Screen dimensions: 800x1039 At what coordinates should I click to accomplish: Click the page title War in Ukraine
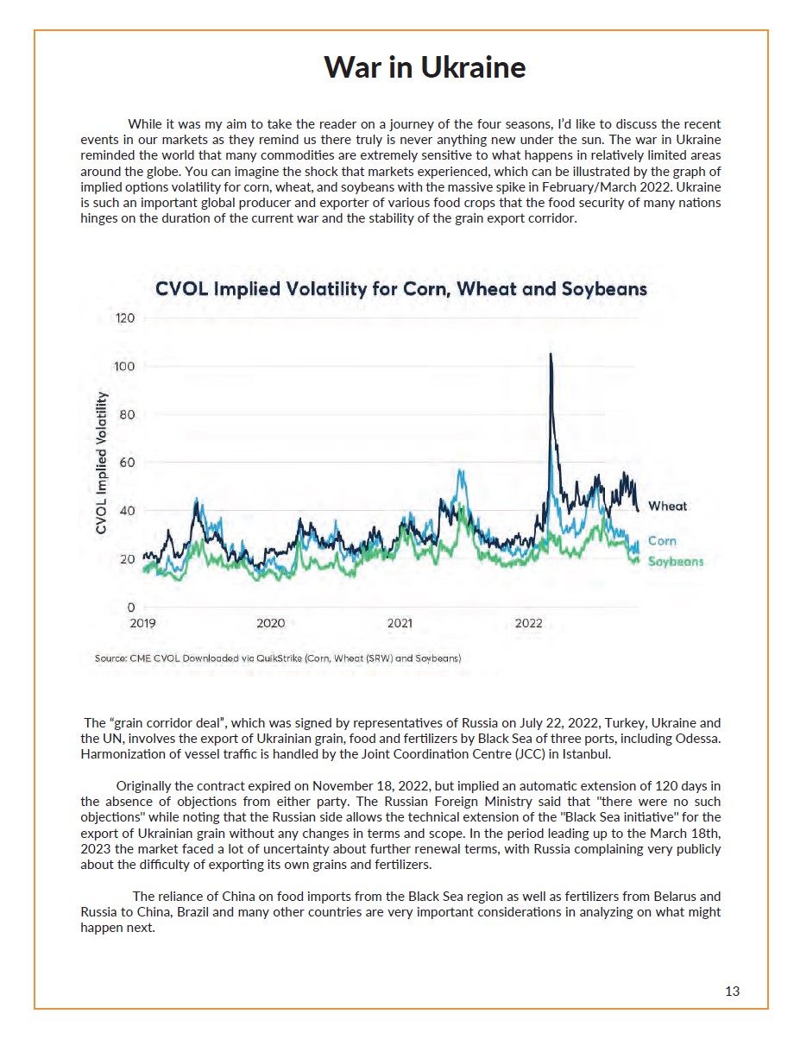424,67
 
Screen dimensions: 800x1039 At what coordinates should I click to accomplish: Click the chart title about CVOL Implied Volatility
400,289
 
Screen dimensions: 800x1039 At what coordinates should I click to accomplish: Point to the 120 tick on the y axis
125,318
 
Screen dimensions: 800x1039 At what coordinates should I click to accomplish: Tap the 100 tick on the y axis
124,367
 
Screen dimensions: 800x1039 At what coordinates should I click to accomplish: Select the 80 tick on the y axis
127,414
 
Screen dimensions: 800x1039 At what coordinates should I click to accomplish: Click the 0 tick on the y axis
131,608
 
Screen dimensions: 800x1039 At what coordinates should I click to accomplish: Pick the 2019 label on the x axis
142,623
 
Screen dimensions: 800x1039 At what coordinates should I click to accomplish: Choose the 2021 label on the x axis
400,623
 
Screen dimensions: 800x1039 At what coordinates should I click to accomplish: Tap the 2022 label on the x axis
528,623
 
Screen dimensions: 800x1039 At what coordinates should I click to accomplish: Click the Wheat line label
667,506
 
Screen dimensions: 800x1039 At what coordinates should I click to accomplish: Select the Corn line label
662,541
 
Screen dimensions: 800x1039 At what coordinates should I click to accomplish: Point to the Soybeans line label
676,562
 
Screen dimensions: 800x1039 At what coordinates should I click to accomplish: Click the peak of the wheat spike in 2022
551,355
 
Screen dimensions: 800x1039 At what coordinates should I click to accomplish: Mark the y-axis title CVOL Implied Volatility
101,463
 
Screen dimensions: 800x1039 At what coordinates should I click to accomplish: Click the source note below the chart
278,658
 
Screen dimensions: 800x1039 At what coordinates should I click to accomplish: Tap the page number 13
732,992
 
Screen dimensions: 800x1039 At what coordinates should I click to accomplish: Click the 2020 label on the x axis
271,623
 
